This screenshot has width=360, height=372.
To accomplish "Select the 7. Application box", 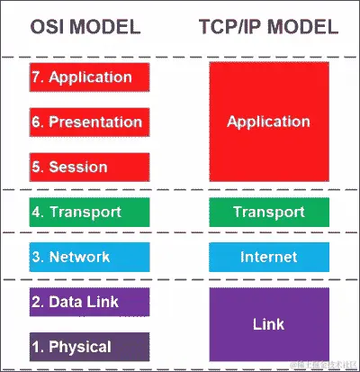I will (89, 77).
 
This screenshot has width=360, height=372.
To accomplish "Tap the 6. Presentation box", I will (89, 122).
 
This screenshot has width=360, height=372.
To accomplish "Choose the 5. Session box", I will (89, 167).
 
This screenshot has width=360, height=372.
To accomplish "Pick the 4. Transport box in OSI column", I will (89, 213).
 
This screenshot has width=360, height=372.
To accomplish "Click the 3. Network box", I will (89, 257).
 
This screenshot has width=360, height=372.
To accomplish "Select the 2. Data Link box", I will (89, 302).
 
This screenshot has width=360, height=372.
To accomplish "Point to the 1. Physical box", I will (89, 347).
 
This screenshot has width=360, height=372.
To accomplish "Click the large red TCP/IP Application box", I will (268, 122).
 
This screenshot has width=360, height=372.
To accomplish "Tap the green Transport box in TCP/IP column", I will (268, 213).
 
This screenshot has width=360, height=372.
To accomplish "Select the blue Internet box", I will (268, 257).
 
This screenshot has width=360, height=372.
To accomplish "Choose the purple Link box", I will (268, 323).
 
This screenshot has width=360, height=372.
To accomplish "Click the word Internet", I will (268, 258).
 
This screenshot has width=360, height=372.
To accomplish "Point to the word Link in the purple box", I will (268, 322).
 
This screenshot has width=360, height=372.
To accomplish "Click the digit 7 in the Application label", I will (36, 77).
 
